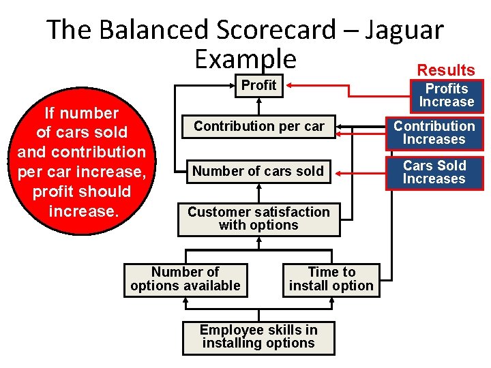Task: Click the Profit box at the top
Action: [x=259, y=85]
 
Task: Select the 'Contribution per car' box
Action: [x=258, y=126]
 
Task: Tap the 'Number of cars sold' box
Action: [x=258, y=171]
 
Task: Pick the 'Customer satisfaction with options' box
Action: [x=258, y=219]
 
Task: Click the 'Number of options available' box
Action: [x=185, y=279]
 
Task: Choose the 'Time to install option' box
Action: [x=331, y=279]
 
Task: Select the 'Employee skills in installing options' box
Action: [x=258, y=337]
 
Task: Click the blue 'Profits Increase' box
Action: [x=446, y=95]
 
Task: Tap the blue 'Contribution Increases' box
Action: [x=434, y=133]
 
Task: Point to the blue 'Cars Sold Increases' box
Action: [x=434, y=172]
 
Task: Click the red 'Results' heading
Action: [x=446, y=70]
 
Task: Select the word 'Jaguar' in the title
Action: [x=404, y=30]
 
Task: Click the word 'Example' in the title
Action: [x=245, y=59]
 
